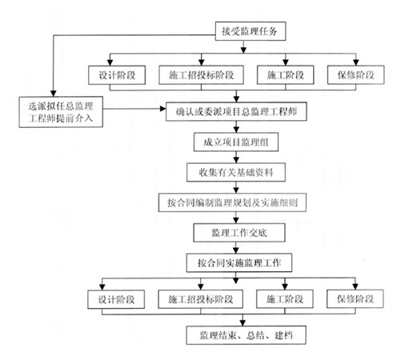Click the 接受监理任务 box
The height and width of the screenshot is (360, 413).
(x=251, y=31)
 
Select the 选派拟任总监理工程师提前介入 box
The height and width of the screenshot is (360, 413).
(x=61, y=112)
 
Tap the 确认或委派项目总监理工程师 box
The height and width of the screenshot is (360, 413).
(x=236, y=111)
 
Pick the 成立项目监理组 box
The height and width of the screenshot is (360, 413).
(x=236, y=142)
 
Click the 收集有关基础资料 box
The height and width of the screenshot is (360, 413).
(x=236, y=173)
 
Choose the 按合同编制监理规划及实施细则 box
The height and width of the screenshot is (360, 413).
(x=232, y=202)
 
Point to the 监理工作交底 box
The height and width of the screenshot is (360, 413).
(x=239, y=233)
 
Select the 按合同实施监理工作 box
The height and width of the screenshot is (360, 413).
(x=239, y=263)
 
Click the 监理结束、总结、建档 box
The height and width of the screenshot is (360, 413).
(x=247, y=335)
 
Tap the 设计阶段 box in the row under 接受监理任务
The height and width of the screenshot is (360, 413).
(x=117, y=75)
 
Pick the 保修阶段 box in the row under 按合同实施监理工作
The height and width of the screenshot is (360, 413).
(x=355, y=299)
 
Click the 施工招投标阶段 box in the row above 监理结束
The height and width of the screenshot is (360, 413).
(x=201, y=299)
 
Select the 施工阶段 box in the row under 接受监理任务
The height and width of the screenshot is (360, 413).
(x=286, y=75)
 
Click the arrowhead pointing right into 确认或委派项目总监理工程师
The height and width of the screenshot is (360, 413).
(x=162, y=109)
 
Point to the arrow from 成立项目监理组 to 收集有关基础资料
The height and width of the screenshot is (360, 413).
(x=236, y=158)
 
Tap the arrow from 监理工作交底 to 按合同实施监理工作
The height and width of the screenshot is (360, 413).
(x=236, y=248)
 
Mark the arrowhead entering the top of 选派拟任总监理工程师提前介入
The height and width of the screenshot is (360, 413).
(x=54, y=94)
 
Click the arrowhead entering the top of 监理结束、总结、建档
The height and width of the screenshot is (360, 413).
(x=243, y=322)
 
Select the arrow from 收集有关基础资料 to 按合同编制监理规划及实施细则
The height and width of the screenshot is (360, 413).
(x=236, y=188)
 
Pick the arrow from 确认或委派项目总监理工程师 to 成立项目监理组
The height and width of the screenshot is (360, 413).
(x=236, y=127)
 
